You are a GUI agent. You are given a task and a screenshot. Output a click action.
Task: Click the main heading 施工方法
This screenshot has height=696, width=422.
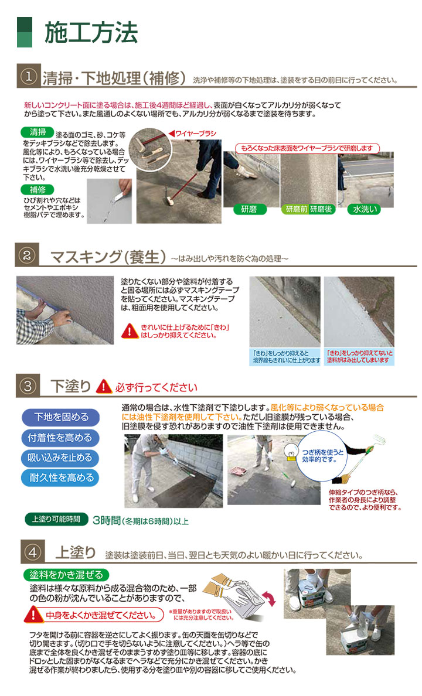tap(91, 32)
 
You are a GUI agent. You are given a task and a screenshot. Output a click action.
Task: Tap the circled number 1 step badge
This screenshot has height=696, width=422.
tap(29, 77)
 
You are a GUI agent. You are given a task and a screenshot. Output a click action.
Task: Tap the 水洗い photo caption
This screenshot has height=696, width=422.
tap(365, 209)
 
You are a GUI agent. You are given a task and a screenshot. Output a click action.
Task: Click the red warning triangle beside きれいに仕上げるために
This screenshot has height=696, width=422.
tap(129, 331)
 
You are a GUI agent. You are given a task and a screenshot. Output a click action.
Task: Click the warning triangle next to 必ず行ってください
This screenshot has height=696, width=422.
tap(104, 387)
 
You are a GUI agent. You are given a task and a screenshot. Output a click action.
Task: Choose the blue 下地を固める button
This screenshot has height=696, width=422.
tap(61, 417)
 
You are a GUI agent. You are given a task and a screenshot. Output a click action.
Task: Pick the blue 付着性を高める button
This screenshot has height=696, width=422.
tap(61, 438)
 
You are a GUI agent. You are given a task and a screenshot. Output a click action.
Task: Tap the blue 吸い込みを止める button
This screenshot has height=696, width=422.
tap(61, 458)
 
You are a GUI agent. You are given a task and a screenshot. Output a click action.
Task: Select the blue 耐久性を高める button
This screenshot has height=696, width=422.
tap(61, 477)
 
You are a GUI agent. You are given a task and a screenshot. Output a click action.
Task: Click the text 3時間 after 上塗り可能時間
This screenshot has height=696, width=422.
tap(106, 520)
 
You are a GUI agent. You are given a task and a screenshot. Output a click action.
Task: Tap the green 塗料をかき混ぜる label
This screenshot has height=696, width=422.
tap(66, 574)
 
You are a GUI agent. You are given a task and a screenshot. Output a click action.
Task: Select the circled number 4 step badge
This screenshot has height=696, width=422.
tap(29, 552)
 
